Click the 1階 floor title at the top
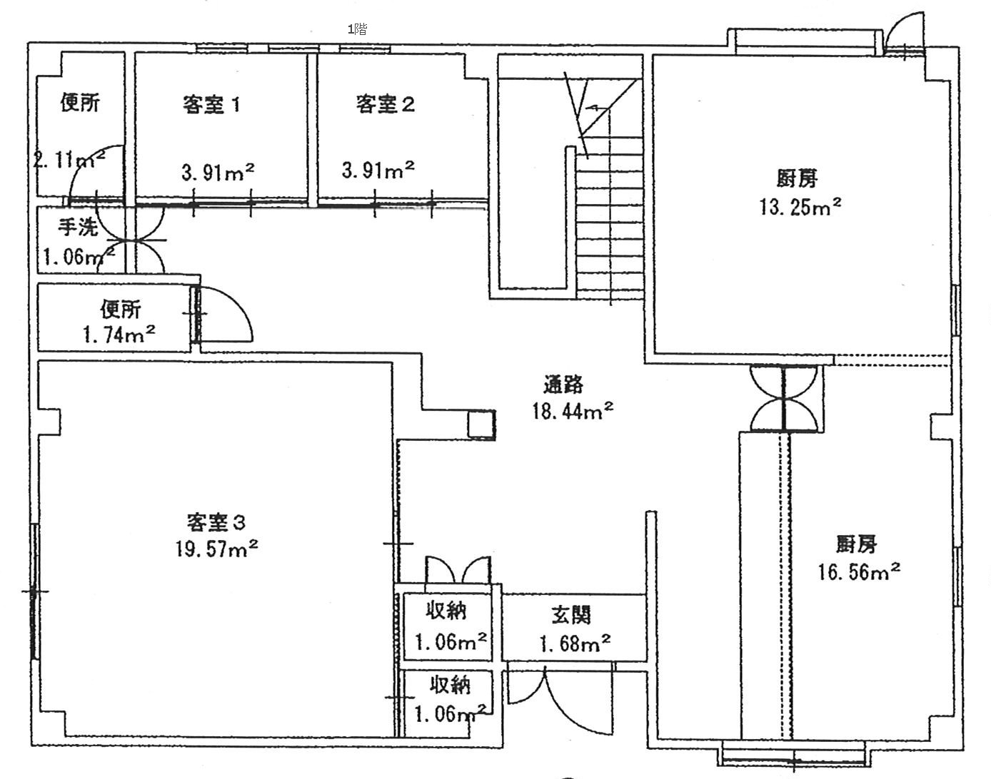pyautogui.click(x=358, y=29)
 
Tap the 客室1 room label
pyautogui.click(x=211, y=105)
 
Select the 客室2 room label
pyautogui.click(x=385, y=104)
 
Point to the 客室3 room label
pyautogui.click(x=216, y=522)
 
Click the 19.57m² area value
pyautogui.click(x=216, y=548)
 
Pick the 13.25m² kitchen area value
pyautogui.click(x=800, y=206)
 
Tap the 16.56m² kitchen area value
pyautogui.click(x=859, y=572)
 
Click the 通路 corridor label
pyautogui.click(x=563, y=385)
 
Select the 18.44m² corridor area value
pyautogui.click(x=573, y=410)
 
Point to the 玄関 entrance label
pyautogui.click(x=571, y=615)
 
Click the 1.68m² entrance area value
pyautogui.click(x=575, y=643)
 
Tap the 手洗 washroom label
pyautogui.click(x=78, y=228)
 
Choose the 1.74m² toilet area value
pyautogui.click(x=119, y=334)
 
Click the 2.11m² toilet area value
pyautogui.click(x=69, y=160)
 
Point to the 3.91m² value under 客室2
pyautogui.click(x=378, y=170)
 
